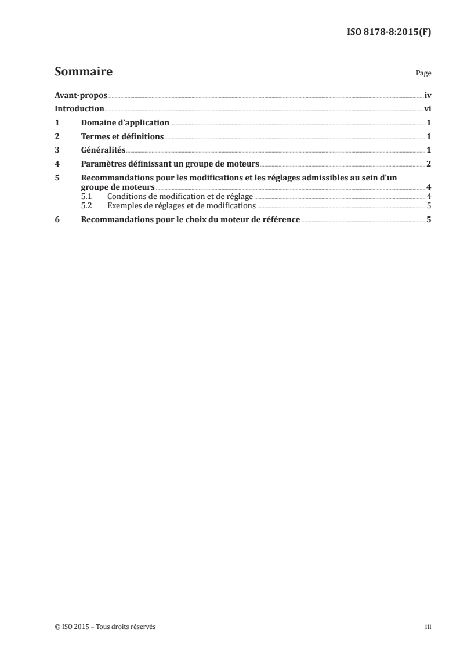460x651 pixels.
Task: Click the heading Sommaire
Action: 83,73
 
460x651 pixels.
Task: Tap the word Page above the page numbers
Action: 423,74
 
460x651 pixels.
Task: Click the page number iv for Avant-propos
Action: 428,95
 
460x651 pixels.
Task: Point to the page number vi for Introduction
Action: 428,109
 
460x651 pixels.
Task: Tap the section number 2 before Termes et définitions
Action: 57,137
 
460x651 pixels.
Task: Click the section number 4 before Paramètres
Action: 57,164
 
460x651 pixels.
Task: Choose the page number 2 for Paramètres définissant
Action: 428,164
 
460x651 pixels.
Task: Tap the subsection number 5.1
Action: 86,197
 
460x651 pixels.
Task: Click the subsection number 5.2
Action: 86,205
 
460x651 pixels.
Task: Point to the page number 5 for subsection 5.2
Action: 428,205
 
